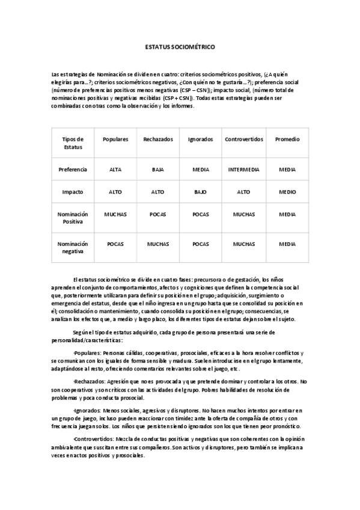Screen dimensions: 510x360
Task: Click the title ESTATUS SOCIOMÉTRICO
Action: click(x=180, y=46)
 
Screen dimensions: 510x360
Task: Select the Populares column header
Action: click(x=115, y=139)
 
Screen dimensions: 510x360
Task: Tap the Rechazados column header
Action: click(x=157, y=139)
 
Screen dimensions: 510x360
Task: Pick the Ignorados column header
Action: click(x=201, y=139)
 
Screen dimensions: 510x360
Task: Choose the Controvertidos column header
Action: click(x=244, y=139)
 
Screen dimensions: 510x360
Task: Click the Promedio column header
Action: click(x=287, y=139)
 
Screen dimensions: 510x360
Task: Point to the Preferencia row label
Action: click(x=72, y=170)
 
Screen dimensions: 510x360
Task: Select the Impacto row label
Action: click(x=72, y=192)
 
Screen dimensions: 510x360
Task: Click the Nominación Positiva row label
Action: click(x=72, y=217)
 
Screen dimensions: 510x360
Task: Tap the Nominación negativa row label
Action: click(x=72, y=247)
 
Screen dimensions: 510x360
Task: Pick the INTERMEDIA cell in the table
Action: click(x=244, y=170)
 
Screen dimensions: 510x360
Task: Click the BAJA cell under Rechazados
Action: click(x=157, y=170)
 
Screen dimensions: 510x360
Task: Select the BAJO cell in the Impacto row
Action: click(x=201, y=192)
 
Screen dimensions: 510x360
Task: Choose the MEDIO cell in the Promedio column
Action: click(x=287, y=192)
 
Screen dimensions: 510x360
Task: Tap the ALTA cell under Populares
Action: click(x=115, y=170)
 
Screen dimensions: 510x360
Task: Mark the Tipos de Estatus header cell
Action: click(x=72, y=143)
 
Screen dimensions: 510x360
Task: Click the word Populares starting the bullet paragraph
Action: click(x=87, y=352)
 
